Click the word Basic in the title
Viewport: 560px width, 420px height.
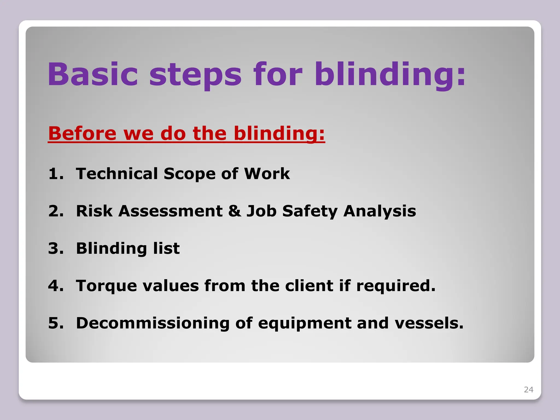click(x=92, y=74)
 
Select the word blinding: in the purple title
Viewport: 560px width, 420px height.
click(x=390, y=74)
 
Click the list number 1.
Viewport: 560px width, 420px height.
click(x=56, y=174)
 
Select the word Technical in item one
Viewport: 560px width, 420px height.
click(x=117, y=174)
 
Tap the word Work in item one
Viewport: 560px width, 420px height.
click(x=267, y=174)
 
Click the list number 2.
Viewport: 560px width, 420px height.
click(x=56, y=211)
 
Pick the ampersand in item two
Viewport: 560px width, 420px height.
click(x=234, y=211)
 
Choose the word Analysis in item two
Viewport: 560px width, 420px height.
click(x=380, y=211)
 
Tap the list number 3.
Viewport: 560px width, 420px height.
click(x=56, y=248)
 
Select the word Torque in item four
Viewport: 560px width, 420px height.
click(x=106, y=286)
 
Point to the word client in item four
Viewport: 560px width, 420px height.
click(x=309, y=286)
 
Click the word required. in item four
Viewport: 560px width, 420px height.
click(x=396, y=286)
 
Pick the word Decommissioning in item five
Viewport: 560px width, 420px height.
click(x=153, y=323)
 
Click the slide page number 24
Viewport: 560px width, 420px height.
click(x=528, y=390)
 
